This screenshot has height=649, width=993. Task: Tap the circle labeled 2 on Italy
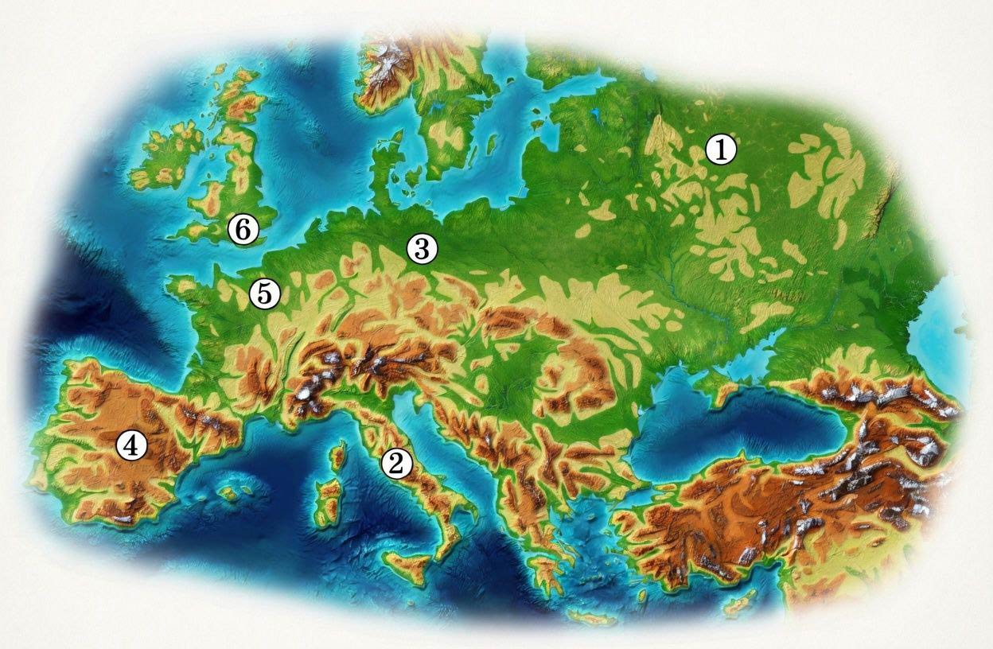point(395,463)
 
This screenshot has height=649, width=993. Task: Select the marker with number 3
point(421,249)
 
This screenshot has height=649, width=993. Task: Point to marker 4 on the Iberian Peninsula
point(131,445)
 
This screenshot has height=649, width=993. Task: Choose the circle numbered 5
point(264,293)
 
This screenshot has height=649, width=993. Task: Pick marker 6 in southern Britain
point(243,230)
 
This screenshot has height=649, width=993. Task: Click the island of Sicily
point(407,565)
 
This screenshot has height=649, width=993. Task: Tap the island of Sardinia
point(327,504)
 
